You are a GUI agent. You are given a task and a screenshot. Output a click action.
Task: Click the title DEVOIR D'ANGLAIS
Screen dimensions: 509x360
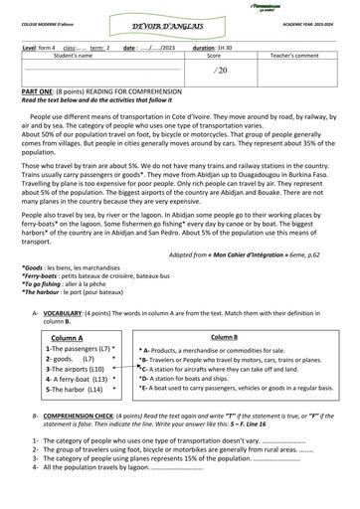tap(180, 27)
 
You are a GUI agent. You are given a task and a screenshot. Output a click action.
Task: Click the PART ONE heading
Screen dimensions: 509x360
tap(43, 89)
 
